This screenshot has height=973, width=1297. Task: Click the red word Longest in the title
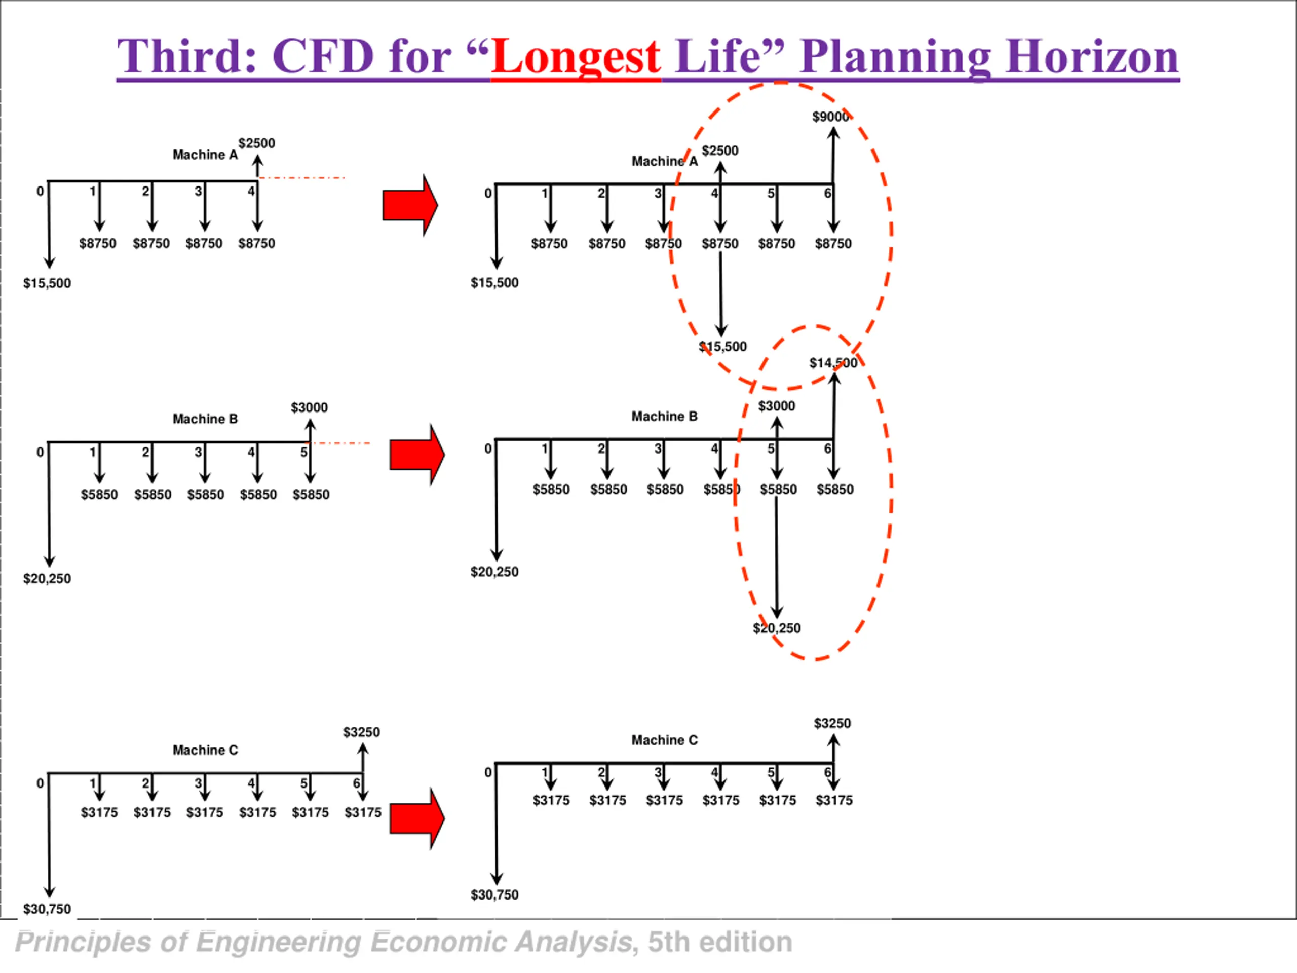576,57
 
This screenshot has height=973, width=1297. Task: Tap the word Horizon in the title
1092,57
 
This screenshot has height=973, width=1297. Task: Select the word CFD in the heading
323,57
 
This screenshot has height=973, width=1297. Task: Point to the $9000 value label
830,117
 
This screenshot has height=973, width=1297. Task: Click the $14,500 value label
833,363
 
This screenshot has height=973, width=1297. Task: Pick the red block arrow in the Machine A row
410,205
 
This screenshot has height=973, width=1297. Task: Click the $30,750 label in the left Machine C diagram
47,909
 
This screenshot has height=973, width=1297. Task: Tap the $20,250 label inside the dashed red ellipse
776,628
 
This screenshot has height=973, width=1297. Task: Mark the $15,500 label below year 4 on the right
722,347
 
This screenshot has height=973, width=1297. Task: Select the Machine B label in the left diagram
205,419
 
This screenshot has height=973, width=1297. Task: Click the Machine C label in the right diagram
664,740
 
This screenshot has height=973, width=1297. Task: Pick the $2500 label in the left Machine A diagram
256,143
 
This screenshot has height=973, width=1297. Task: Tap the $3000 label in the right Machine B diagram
776,406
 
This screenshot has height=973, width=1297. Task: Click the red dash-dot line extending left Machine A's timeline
301,178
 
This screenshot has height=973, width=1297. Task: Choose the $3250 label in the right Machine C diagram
832,723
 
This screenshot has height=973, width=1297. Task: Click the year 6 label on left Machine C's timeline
356,783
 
